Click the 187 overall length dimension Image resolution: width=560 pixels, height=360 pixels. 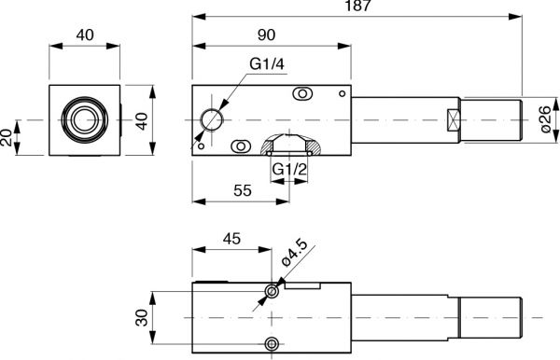(x=357, y=6)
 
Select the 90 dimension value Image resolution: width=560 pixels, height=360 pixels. (x=266, y=35)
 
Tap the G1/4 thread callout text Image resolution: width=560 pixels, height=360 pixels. (x=267, y=64)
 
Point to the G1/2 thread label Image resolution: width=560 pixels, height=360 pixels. (x=289, y=169)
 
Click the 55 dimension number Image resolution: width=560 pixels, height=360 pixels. (x=243, y=190)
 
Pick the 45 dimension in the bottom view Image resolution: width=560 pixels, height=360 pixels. (x=231, y=239)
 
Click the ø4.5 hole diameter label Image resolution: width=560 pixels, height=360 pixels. (x=294, y=253)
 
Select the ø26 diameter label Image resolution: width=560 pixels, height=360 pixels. (x=545, y=119)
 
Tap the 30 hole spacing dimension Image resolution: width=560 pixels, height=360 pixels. (x=142, y=318)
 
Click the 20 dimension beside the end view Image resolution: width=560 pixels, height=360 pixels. (x=7, y=138)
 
